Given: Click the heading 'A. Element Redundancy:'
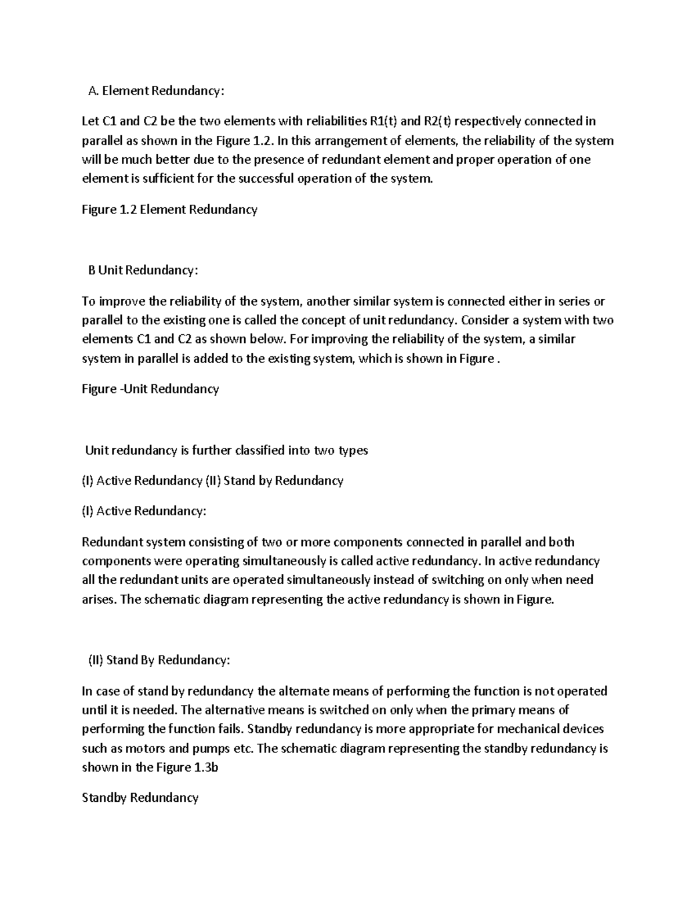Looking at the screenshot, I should tap(155, 91).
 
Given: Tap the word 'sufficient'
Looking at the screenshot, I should tap(160, 178).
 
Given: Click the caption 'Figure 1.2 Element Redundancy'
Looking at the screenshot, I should tap(169, 209).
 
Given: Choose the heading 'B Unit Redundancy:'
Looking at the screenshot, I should tap(143, 270).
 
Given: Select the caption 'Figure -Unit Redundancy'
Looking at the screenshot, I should tap(150, 389).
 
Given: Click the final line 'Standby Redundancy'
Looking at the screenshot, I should tap(140, 798).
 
